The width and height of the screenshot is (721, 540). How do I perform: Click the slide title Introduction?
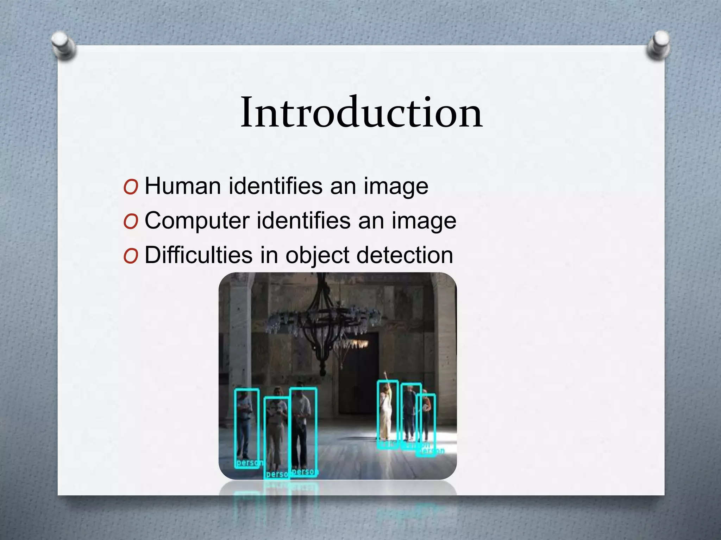tap(361, 112)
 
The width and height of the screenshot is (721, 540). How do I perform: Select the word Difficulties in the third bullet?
tap(199, 255)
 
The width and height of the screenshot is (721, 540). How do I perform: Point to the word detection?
tap(405, 255)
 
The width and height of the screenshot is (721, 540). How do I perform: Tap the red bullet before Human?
tap(131, 187)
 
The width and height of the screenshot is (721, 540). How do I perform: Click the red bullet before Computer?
tap(131, 222)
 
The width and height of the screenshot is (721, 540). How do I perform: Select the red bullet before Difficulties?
tap(131, 256)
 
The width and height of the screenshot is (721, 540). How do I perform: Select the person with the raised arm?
tap(387, 413)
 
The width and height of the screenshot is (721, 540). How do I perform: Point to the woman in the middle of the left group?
tap(277, 432)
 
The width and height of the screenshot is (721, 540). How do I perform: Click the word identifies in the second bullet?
tap(303, 221)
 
